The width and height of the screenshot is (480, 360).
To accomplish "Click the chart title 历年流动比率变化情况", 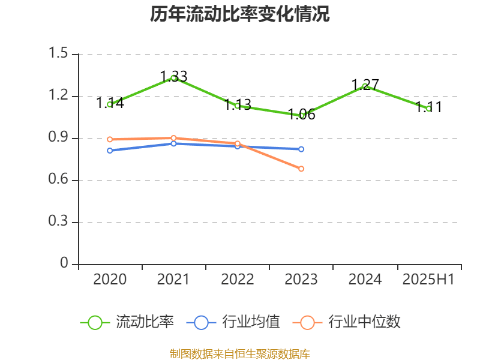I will [x=240, y=14].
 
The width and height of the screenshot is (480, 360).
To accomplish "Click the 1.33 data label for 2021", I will [x=173, y=77].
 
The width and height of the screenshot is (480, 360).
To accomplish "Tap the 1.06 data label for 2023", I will [x=301, y=115].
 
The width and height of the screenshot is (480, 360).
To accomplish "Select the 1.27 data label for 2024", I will [x=365, y=85].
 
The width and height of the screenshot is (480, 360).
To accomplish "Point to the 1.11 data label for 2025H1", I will [x=429, y=107].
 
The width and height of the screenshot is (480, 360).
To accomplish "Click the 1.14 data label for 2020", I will [x=110, y=103].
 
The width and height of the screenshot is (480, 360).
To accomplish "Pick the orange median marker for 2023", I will [x=301, y=169].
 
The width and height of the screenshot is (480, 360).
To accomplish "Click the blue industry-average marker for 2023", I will [x=301, y=149].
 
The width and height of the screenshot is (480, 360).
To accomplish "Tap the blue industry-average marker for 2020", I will [x=110, y=150].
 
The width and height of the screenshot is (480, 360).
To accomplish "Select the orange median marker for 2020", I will [x=110, y=139].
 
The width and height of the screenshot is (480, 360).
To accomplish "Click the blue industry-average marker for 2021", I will [x=173, y=143].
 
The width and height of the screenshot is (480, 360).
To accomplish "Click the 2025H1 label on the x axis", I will [x=428, y=279].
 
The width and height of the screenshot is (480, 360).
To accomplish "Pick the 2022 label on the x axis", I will [x=237, y=279].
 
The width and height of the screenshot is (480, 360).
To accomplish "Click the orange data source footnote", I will [x=240, y=353].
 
